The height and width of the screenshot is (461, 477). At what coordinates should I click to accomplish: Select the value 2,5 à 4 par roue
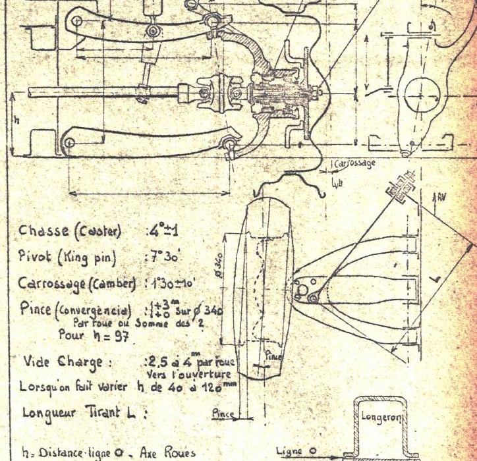coord(188,362)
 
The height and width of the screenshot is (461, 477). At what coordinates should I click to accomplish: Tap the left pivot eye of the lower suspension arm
coord(65,142)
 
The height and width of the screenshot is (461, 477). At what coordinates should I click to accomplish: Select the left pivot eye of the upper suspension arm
coord(78,23)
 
